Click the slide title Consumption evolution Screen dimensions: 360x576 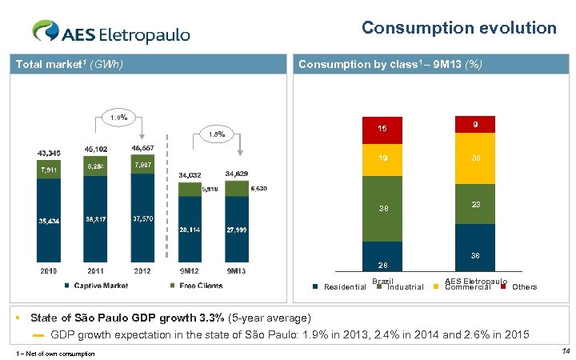pos(458,28)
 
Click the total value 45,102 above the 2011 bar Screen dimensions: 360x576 pos(96,149)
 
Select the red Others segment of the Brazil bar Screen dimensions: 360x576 pos(382,129)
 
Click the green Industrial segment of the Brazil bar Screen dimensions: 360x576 pos(382,209)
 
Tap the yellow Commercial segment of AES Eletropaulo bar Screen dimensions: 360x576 pos(475,158)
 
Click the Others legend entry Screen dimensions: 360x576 pos(519,286)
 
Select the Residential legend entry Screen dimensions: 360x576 pos(340,286)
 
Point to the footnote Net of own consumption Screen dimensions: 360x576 pos(55,353)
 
